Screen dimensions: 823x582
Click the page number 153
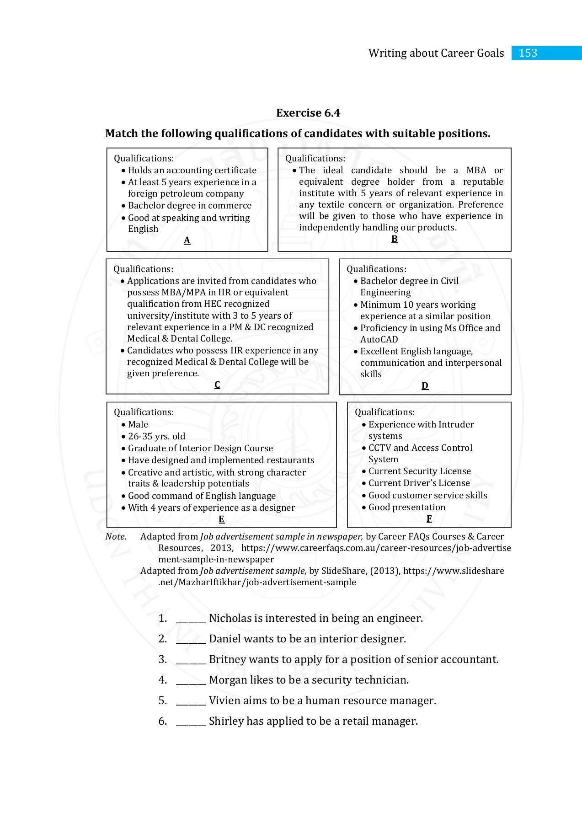[528, 53]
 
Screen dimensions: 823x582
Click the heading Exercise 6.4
[308, 113]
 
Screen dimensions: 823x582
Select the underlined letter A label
[187, 240]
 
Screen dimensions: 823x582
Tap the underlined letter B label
[394, 239]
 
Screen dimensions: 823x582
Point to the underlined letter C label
[217, 385]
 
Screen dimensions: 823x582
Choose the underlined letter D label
[425, 386]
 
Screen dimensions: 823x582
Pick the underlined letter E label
[221, 519]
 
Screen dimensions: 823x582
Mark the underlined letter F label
[429, 519]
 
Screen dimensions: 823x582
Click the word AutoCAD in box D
[379, 340]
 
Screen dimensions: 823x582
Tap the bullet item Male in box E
[138, 425]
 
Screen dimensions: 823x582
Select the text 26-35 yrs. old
[156, 437]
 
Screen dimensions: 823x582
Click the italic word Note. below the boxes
[116, 537]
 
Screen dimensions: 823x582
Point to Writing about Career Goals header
[436, 53]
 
